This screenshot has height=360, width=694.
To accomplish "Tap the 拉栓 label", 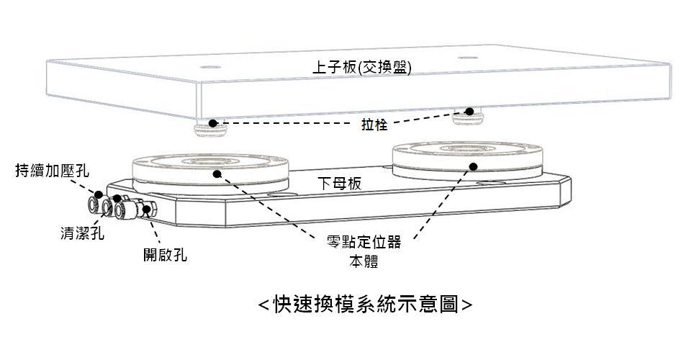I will pos(374,125).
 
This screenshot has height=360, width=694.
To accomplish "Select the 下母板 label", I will pos(340,184).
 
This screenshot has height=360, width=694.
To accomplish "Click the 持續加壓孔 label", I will pos(53,171).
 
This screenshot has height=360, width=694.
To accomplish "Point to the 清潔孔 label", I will pos(81,233).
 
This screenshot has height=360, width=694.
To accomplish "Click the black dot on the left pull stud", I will pos(213,123).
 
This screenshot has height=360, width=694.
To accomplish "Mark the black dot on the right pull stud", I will pos(469,112).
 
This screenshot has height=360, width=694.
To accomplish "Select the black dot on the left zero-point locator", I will pos(216,173).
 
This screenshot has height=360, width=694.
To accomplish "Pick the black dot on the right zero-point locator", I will pos(473,167).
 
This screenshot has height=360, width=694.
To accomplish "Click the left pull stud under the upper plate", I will pos(209,129).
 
